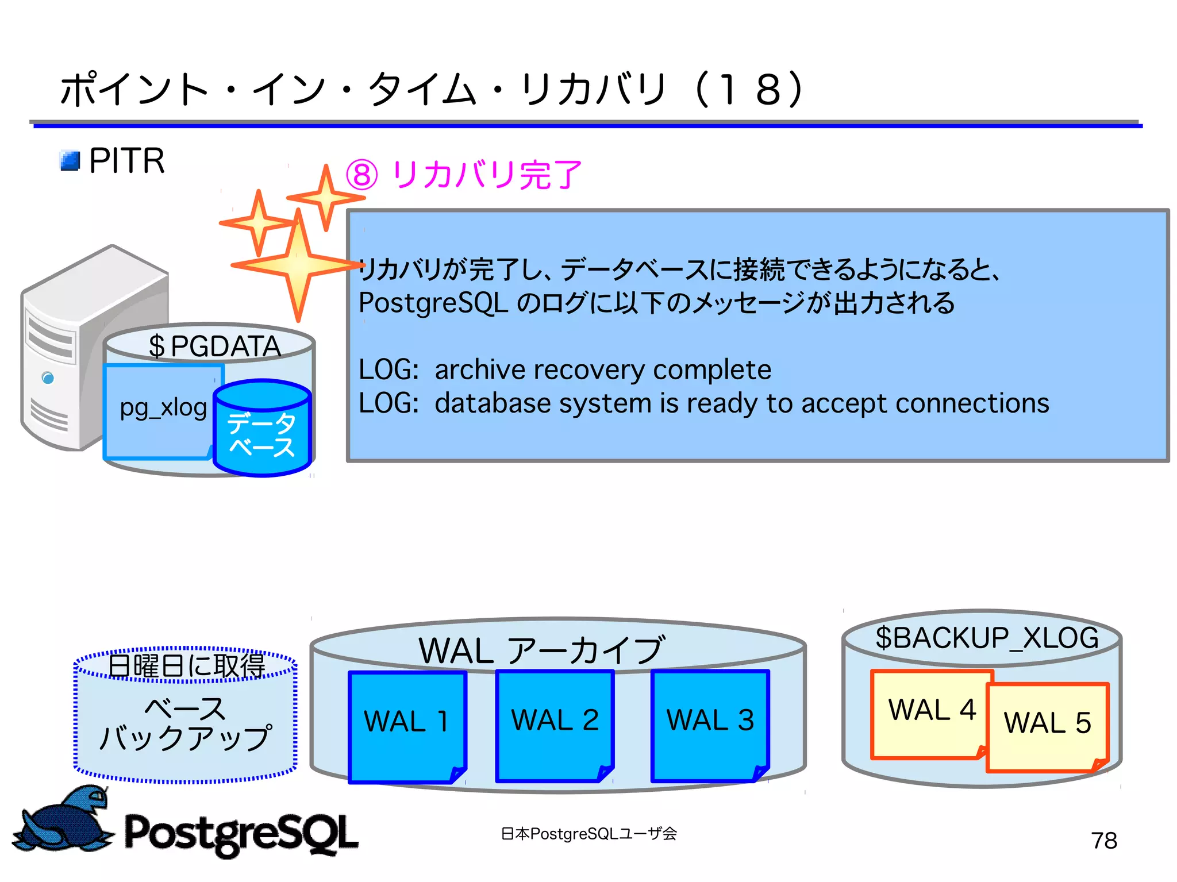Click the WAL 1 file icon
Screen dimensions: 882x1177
click(x=407, y=726)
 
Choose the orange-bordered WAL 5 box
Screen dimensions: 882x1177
click(x=1047, y=727)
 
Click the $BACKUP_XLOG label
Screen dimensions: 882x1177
click(x=986, y=638)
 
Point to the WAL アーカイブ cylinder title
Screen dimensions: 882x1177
click(x=541, y=650)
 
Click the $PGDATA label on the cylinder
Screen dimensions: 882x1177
click(x=214, y=346)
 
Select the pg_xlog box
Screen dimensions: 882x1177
click(x=162, y=409)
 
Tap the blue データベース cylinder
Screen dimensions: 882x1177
click(x=262, y=429)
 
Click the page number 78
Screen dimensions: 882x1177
click(x=1103, y=841)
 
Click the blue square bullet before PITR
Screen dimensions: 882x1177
click(x=70, y=161)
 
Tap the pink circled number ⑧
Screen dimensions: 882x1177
click(x=362, y=175)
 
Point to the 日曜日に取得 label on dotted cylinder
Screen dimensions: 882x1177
click(x=186, y=665)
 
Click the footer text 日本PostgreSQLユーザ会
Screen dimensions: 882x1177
click(x=588, y=834)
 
